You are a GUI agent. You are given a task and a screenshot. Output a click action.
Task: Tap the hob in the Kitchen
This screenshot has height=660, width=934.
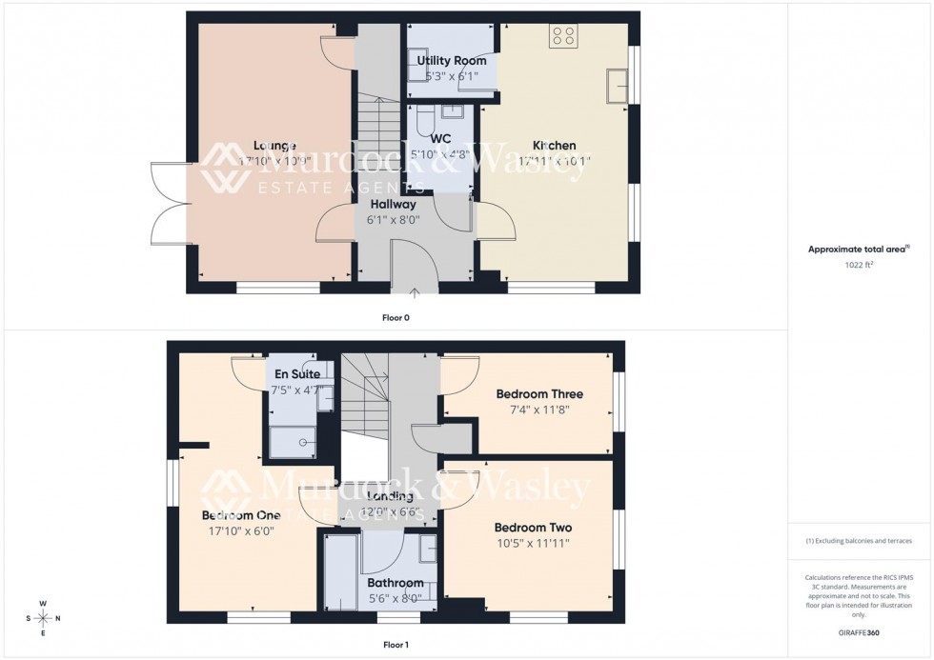[562, 35]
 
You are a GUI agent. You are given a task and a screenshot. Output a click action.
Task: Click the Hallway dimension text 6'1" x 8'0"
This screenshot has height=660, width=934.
[393, 220]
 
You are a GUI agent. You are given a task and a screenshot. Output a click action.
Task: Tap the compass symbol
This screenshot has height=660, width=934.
[43, 618]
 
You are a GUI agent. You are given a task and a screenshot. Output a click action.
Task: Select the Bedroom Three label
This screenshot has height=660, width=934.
[538, 393]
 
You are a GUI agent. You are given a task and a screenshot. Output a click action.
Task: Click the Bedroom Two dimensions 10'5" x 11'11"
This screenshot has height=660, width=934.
[533, 544]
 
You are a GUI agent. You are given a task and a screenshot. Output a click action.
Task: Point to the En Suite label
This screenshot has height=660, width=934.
[297, 374]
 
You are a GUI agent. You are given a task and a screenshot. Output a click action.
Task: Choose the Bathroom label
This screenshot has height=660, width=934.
[395, 583]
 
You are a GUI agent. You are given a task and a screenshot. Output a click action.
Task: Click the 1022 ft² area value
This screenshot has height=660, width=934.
[860, 266]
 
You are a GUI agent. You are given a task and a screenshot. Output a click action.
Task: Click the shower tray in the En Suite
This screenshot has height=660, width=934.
[296, 441]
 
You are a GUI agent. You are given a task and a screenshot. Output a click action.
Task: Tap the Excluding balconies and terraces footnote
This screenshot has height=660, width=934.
[859, 541]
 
